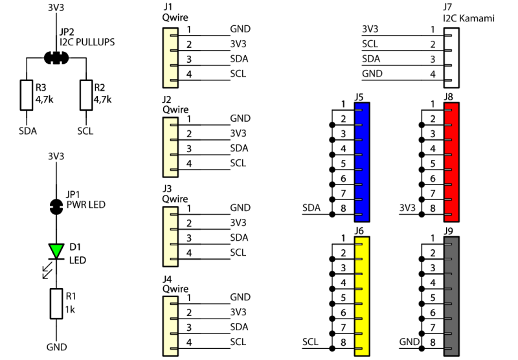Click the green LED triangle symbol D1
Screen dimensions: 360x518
(x=56, y=250)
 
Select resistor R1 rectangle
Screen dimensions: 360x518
(x=56, y=304)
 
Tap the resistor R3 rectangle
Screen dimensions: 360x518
(x=27, y=95)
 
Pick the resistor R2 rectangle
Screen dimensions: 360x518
(x=85, y=95)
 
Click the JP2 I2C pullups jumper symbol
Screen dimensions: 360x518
(x=56, y=57)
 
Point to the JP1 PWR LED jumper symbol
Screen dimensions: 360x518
(x=56, y=207)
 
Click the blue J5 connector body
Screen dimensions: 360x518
(x=362, y=163)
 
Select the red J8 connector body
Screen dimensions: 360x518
(x=452, y=163)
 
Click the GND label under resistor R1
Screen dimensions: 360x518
(x=56, y=347)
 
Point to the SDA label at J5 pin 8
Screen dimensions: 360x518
(x=312, y=208)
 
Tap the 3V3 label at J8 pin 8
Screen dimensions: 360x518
(x=407, y=208)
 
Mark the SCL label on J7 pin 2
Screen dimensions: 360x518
(x=370, y=45)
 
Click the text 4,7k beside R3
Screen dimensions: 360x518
(x=44, y=100)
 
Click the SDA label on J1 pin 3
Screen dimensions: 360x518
(x=239, y=59)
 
